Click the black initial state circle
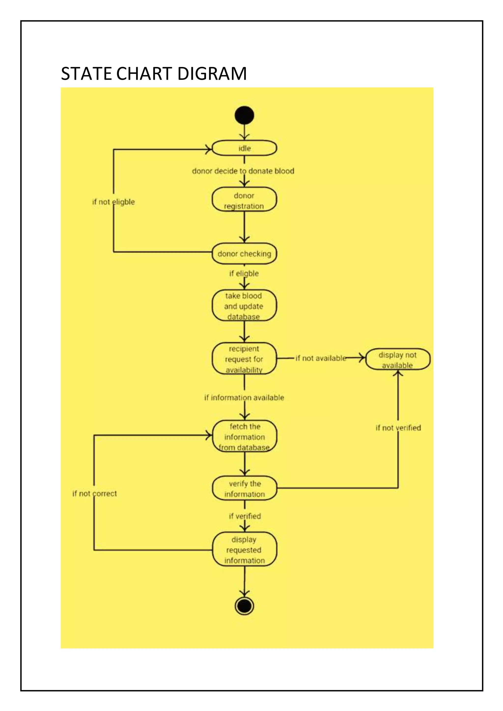point(244,115)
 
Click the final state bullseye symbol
point(244,606)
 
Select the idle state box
point(244,148)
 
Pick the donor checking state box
point(244,254)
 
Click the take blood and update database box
point(244,306)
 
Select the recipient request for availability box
point(244,359)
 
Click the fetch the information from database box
point(244,437)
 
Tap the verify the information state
point(244,488)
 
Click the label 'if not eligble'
point(113,202)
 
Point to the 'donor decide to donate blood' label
point(243,171)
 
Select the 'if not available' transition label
point(321,358)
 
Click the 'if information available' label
point(244,398)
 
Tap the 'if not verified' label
point(398,428)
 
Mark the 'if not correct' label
point(95,493)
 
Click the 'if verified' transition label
point(245,516)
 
